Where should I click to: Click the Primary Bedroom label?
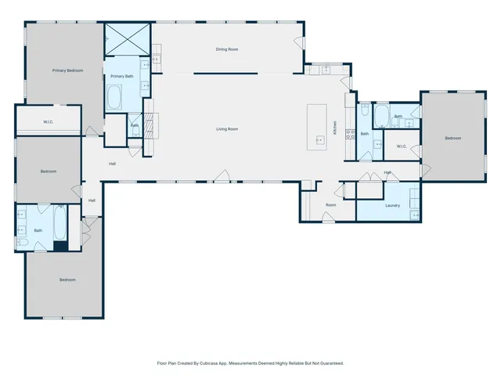[67, 70]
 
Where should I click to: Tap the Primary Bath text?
[121, 76]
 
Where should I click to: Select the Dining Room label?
[227, 49]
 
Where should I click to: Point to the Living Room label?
[227, 128]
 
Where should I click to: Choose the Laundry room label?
[393, 205]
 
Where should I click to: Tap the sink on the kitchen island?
[319, 140]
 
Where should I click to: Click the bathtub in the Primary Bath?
[115, 98]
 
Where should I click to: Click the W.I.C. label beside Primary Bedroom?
[48, 121]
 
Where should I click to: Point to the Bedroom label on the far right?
[452, 138]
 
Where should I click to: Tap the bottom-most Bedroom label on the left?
[67, 280]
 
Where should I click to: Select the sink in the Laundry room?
[415, 214]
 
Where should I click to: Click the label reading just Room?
[330, 204]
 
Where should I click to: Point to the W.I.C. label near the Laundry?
[400, 146]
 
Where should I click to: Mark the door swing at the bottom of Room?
[328, 219]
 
